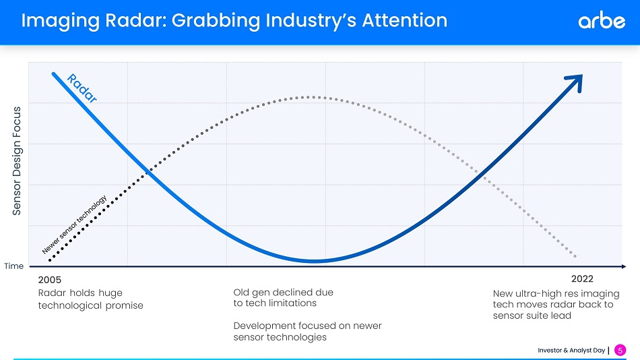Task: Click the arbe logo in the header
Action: click(602, 21)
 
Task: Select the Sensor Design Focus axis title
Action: click(17, 160)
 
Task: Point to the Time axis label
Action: click(13, 266)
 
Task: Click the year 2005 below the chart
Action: click(49, 279)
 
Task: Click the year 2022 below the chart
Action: click(581, 278)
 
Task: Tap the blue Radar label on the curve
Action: click(83, 88)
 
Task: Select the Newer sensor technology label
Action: click(75, 224)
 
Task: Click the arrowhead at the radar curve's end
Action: click(574, 82)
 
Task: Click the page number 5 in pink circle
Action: click(620, 350)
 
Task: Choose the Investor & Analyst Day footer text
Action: click(571, 350)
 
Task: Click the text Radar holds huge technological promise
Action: click(90, 299)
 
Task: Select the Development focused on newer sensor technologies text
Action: click(307, 331)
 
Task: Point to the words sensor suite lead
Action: click(532, 316)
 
